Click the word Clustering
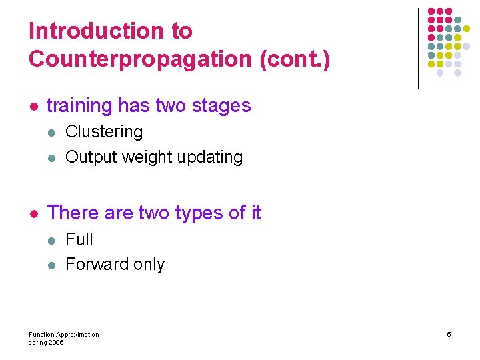104,131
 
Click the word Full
79,239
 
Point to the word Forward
96,265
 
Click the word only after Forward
149,265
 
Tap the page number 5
449,334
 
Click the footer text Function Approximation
64,334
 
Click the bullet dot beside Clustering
52,132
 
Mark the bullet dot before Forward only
52,265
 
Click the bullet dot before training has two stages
33,106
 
